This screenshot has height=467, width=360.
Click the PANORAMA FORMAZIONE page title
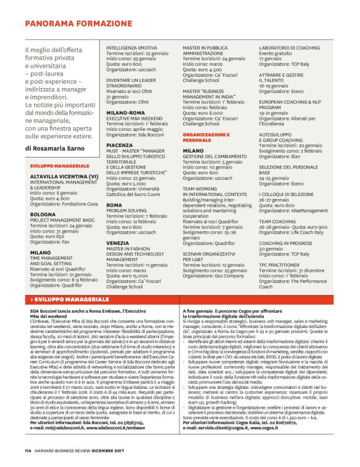pyautogui.click(x=81, y=24)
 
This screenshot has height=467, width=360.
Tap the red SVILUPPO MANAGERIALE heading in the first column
pyautogui.click(x=60, y=167)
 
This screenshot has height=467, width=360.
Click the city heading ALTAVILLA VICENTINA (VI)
pyautogui.click(x=64, y=176)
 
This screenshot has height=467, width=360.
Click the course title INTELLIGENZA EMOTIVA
pyautogui.click(x=131, y=48)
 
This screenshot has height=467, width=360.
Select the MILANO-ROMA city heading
pyautogui.click(x=125, y=112)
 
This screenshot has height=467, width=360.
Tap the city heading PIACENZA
pyautogui.click(x=119, y=145)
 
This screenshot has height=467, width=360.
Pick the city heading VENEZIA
pyautogui.click(x=118, y=242)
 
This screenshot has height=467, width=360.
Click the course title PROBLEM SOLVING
pyautogui.click(x=126, y=210)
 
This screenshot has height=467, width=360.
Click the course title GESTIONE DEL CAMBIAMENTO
pyautogui.click(x=215, y=156)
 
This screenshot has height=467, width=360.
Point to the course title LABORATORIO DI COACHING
pyautogui.click(x=289, y=48)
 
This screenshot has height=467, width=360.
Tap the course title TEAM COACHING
pyautogui.click(x=277, y=220)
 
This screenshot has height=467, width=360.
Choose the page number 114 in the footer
pyautogui.click(x=28, y=450)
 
